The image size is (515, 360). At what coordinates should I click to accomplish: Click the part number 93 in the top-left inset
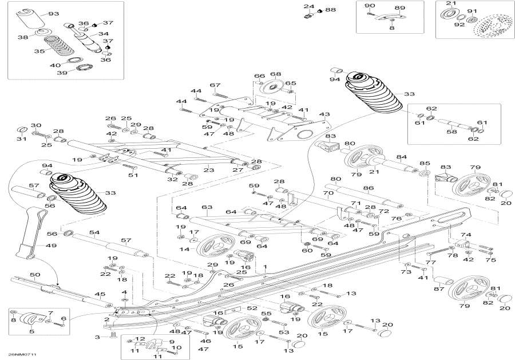pyautogui.click(x=53, y=14)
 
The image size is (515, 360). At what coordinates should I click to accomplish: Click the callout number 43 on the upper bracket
pyautogui.click(x=324, y=114)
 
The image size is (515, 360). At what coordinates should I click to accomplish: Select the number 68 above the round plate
pyautogui.click(x=276, y=74)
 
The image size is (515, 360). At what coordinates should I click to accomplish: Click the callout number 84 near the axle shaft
pyautogui.click(x=402, y=157)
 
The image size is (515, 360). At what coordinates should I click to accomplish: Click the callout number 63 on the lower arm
pyautogui.click(x=206, y=207)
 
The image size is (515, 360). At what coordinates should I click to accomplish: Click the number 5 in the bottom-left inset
pyautogui.click(x=15, y=331)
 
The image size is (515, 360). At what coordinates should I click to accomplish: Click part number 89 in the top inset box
pyautogui.click(x=399, y=8)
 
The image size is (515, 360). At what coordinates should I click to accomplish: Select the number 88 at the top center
pyautogui.click(x=331, y=10)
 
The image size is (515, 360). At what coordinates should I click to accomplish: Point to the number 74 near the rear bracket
pyautogui.click(x=466, y=235)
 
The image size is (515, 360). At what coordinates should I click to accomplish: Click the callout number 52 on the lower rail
pyautogui.click(x=253, y=308)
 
